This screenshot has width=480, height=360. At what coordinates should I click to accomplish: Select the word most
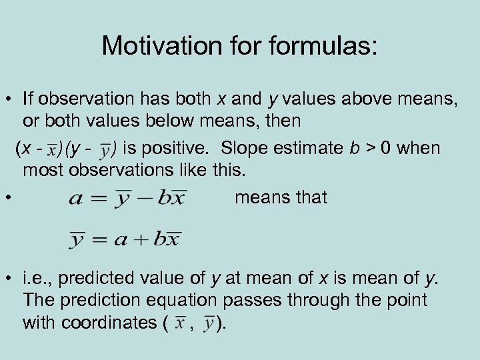[41, 170]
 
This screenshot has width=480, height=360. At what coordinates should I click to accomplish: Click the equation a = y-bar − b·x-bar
[127, 198]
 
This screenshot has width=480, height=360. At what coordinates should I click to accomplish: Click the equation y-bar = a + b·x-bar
[125, 238]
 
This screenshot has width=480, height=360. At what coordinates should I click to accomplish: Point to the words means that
[281, 197]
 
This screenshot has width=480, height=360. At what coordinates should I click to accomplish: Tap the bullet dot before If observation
[7, 100]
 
